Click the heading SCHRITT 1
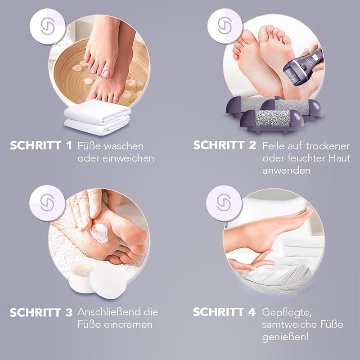tap(41, 145)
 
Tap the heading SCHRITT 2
tap(225, 145)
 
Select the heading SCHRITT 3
tap(41, 312)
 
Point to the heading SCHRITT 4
tap(224, 312)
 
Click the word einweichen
tap(128, 158)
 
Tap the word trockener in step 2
tap(328, 146)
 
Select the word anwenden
tap(286, 171)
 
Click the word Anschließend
tap(109, 312)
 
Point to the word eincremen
tap(128, 324)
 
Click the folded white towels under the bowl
tap(97, 117)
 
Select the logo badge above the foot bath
tap(48, 26)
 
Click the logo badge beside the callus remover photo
tap(225, 26)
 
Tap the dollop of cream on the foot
tap(100, 233)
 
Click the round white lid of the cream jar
tap(108, 280)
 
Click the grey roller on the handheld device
tap(292, 76)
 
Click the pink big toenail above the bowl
tap(106, 74)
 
